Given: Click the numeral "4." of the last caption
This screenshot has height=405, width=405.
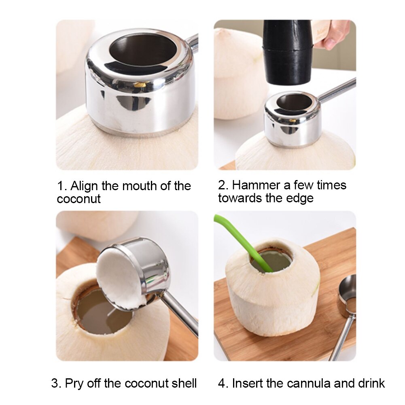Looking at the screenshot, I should (223, 383).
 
